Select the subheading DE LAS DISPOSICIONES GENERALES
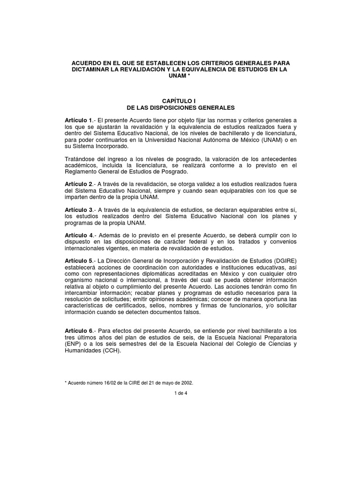click(x=180, y=107)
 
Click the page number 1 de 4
click(x=180, y=393)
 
